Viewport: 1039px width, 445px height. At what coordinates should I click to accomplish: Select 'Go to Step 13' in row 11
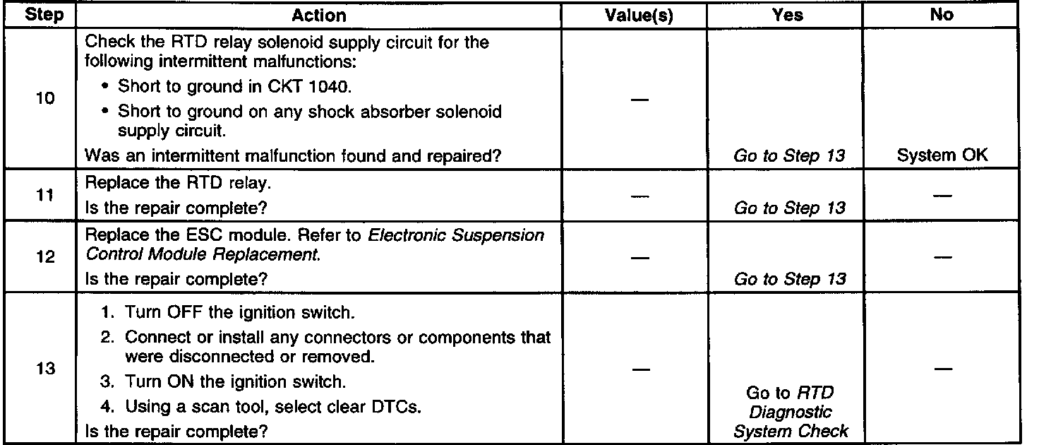tap(790, 208)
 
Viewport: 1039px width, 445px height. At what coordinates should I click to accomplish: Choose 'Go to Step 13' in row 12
tap(790, 279)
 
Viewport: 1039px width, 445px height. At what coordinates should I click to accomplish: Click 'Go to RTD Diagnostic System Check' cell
tap(791, 413)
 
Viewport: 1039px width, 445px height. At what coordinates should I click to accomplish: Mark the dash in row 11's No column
tap(942, 198)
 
